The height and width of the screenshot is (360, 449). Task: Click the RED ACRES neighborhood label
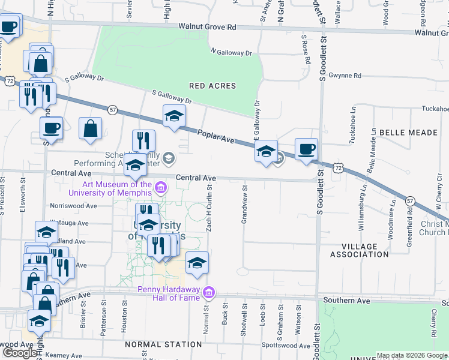tap(212, 86)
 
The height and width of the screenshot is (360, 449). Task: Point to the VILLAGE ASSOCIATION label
tap(360, 250)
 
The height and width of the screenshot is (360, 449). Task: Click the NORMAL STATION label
tap(163, 344)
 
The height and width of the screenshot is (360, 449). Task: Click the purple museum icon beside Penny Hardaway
tap(209, 292)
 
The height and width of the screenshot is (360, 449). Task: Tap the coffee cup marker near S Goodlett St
tap(306, 149)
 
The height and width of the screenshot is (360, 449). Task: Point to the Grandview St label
tap(244, 209)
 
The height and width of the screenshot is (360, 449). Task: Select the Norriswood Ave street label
tap(74, 206)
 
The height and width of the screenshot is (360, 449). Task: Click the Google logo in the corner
tap(20, 353)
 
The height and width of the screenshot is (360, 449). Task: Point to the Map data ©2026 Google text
tap(412, 356)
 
